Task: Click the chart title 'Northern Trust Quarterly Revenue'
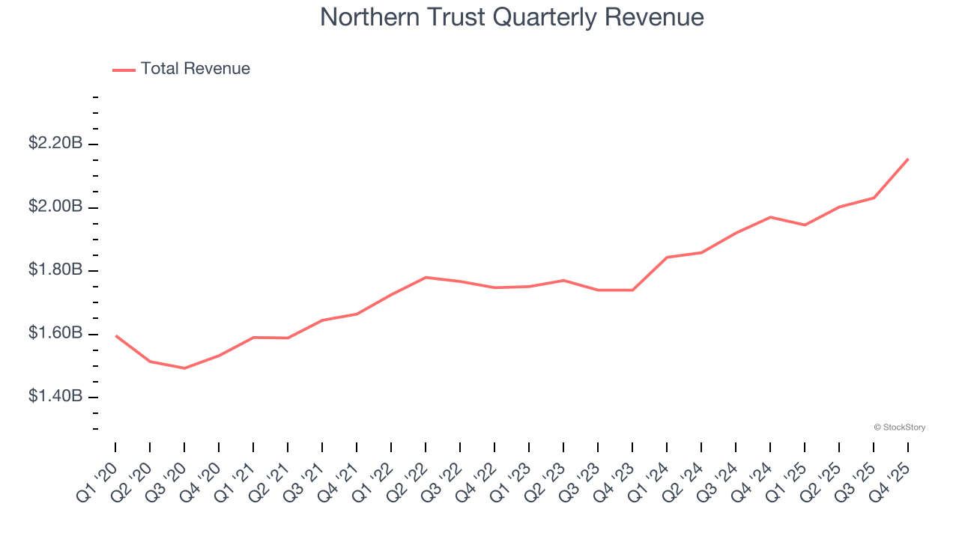(512, 17)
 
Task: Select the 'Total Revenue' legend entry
(195, 69)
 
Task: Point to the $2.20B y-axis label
(55, 143)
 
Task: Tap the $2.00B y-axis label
(55, 207)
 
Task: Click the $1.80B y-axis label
(55, 269)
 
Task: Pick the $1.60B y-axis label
(55, 333)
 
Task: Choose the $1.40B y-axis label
(55, 396)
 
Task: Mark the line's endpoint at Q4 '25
(908, 159)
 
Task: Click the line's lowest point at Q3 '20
(184, 368)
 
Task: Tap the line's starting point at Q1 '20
(115, 335)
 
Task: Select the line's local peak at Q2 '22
(426, 277)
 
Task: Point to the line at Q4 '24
(770, 217)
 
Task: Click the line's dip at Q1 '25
(805, 225)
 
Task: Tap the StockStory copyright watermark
(899, 427)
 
